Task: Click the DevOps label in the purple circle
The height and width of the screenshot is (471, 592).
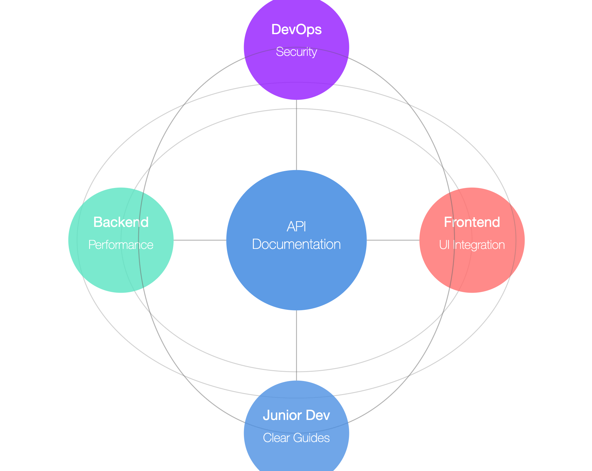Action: coord(296,30)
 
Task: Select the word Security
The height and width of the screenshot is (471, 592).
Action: coord(296,52)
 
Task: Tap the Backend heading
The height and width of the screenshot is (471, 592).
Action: coord(121,222)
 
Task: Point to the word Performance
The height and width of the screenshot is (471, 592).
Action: coord(121,245)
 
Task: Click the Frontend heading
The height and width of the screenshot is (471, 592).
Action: coord(472,222)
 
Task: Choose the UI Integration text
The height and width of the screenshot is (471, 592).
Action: coord(472,245)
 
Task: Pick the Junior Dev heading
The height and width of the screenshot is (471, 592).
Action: coord(296,415)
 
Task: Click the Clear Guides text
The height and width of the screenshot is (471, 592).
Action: coord(296,438)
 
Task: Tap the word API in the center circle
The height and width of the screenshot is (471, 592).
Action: coord(296,227)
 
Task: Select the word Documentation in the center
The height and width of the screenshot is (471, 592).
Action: coord(296,244)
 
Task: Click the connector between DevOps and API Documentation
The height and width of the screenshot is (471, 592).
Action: coord(297,135)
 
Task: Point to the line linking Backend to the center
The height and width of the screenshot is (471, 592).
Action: coord(200,240)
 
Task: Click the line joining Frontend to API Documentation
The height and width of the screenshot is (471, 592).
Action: coord(393,240)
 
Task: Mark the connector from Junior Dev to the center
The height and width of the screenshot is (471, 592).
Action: coord(297,345)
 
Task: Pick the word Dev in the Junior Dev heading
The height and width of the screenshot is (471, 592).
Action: coord(318,415)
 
